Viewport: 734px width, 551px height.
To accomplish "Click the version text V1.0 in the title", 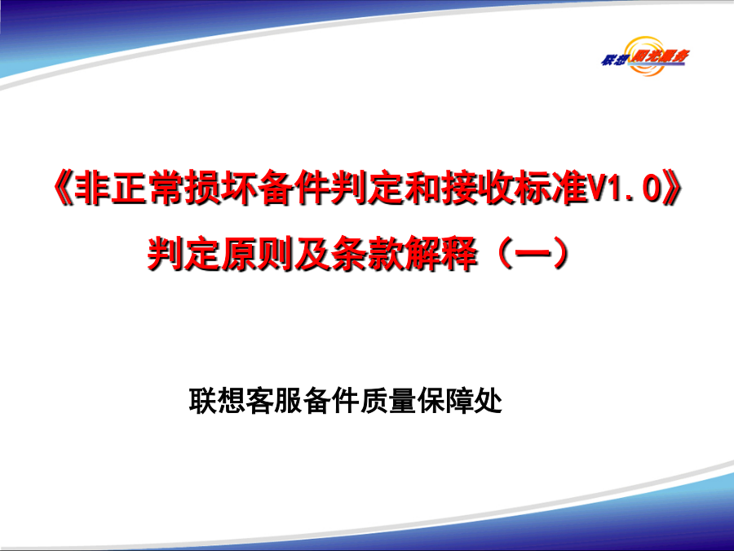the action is pyautogui.click(x=625, y=189).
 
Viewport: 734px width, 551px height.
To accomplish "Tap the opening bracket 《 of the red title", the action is pyautogui.click(x=63, y=189).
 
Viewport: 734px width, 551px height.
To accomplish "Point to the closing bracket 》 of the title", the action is pyautogui.click(x=672, y=189).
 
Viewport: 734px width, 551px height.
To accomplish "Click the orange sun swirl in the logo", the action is pyautogui.click(x=647, y=56).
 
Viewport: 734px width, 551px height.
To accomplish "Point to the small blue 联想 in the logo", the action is pyautogui.click(x=613, y=60).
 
